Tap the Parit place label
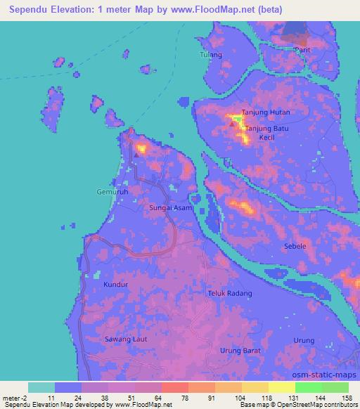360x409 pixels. [x=302, y=51]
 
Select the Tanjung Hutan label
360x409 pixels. [x=266, y=112]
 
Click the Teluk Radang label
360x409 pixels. [x=230, y=292]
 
